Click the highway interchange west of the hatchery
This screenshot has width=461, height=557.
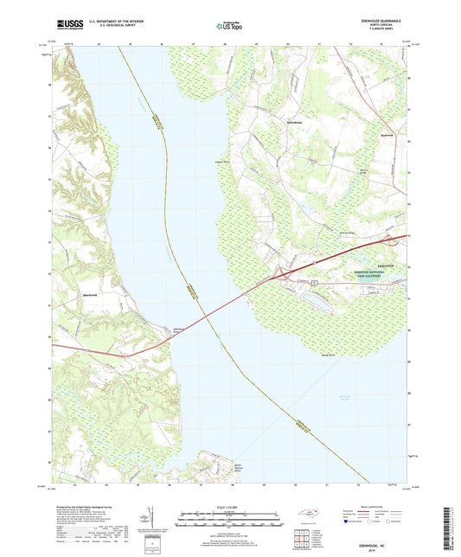click(282, 276)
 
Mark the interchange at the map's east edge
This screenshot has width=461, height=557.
click(390, 239)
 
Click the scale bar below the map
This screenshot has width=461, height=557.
click(230, 522)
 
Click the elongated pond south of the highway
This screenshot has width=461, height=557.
click(313, 298)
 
